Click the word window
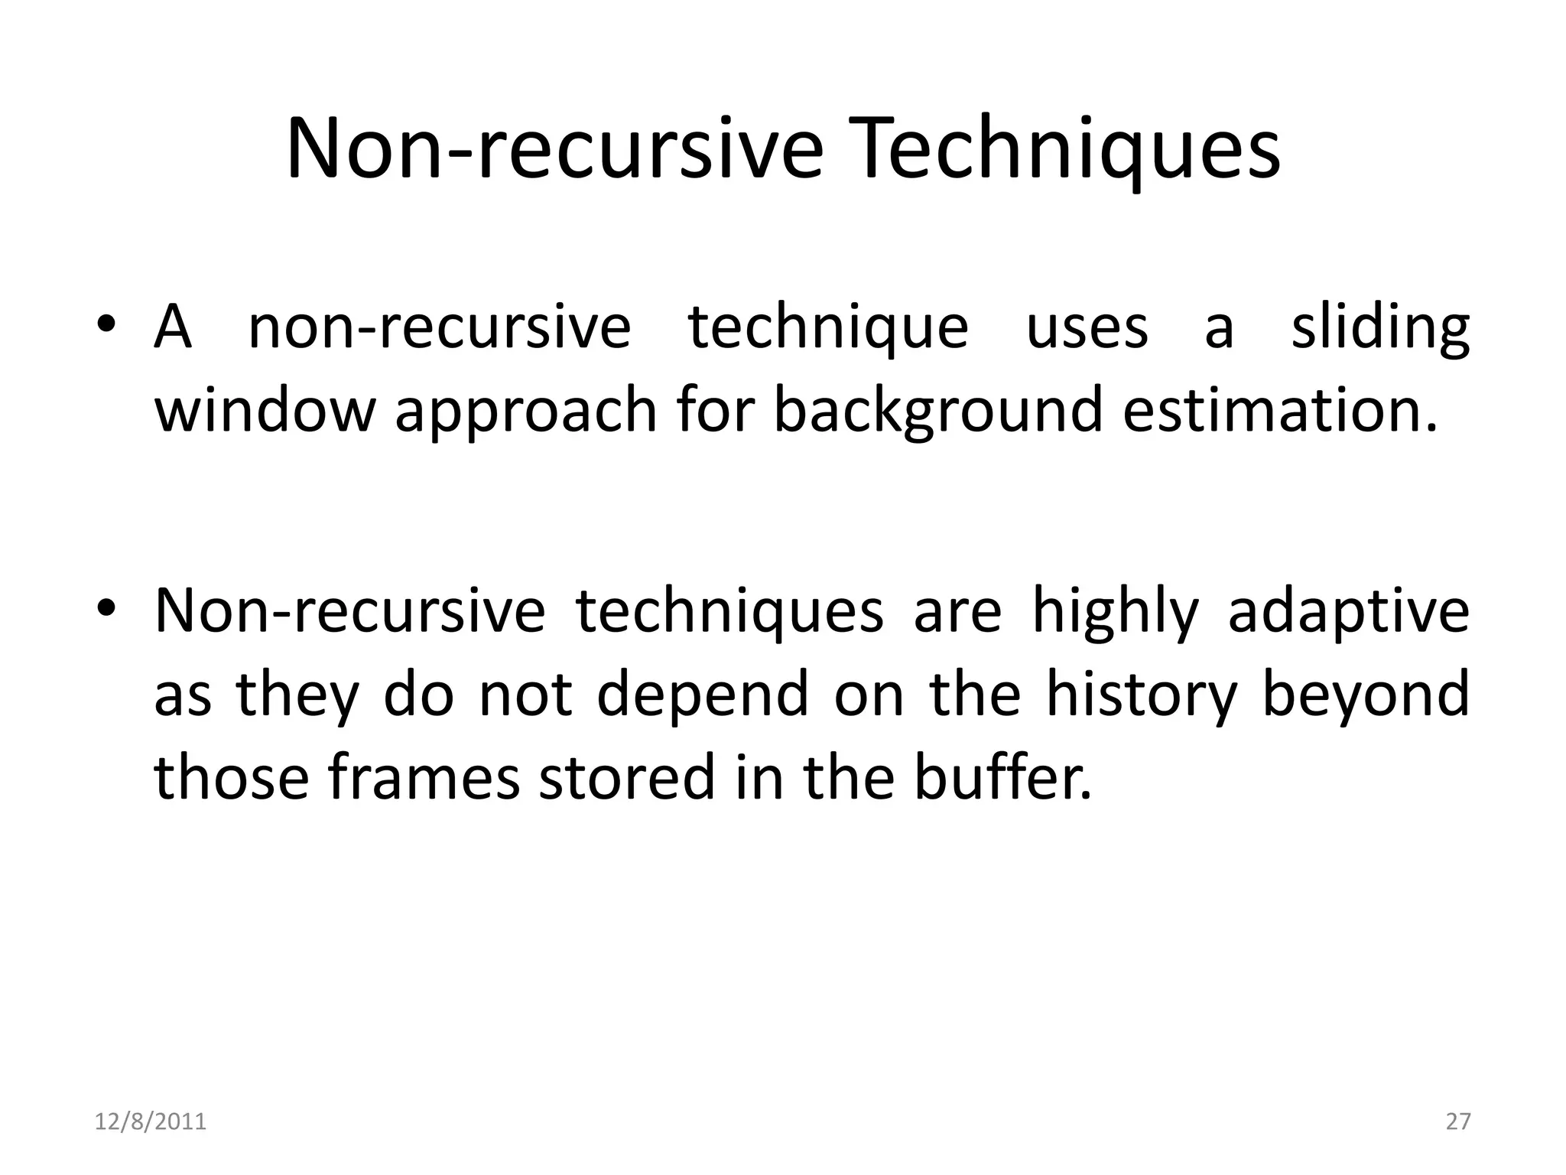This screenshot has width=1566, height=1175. [x=265, y=409]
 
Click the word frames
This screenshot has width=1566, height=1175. [x=424, y=776]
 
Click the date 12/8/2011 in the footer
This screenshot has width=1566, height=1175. [x=151, y=1121]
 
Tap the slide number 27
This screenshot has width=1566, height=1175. [x=1457, y=1121]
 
